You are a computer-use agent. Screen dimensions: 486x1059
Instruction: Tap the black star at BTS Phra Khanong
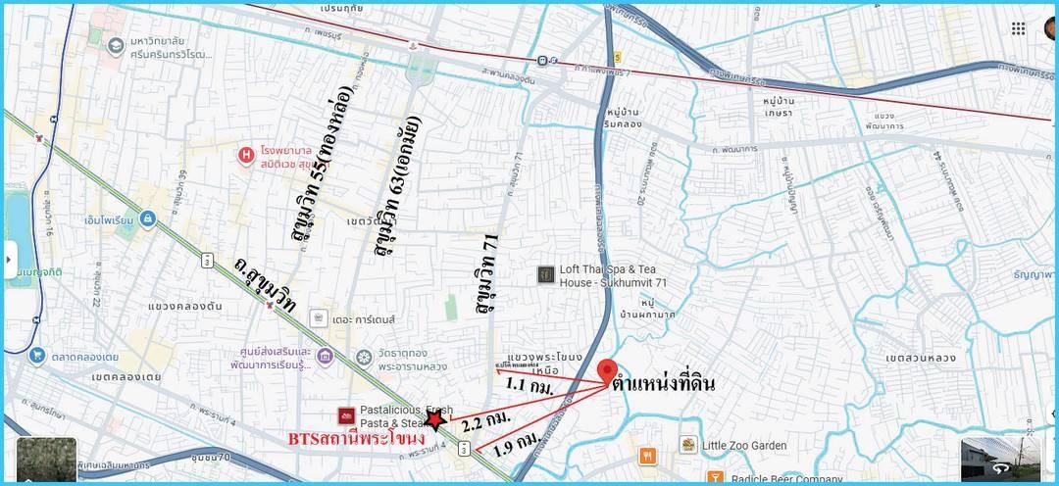click(x=434, y=422)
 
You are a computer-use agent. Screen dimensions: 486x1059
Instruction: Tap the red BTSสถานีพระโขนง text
click(x=355, y=438)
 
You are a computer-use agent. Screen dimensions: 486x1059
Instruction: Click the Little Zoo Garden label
click(x=744, y=446)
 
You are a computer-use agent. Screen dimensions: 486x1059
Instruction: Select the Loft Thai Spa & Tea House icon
click(x=546, y=275)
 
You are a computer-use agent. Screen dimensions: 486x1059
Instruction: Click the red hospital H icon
click(x=247, y=154)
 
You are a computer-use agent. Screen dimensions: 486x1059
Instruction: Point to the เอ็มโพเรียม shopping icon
click(x=147, y=219)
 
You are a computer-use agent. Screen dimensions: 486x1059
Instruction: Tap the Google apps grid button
click(x=1018, y=28)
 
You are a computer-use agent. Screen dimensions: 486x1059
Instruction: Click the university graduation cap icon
click(x=116, y=44)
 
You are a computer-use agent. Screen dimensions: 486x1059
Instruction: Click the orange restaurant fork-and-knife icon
click(x=647, y=456)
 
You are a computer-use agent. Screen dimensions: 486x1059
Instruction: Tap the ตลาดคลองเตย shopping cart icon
click(x=37, y=355)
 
